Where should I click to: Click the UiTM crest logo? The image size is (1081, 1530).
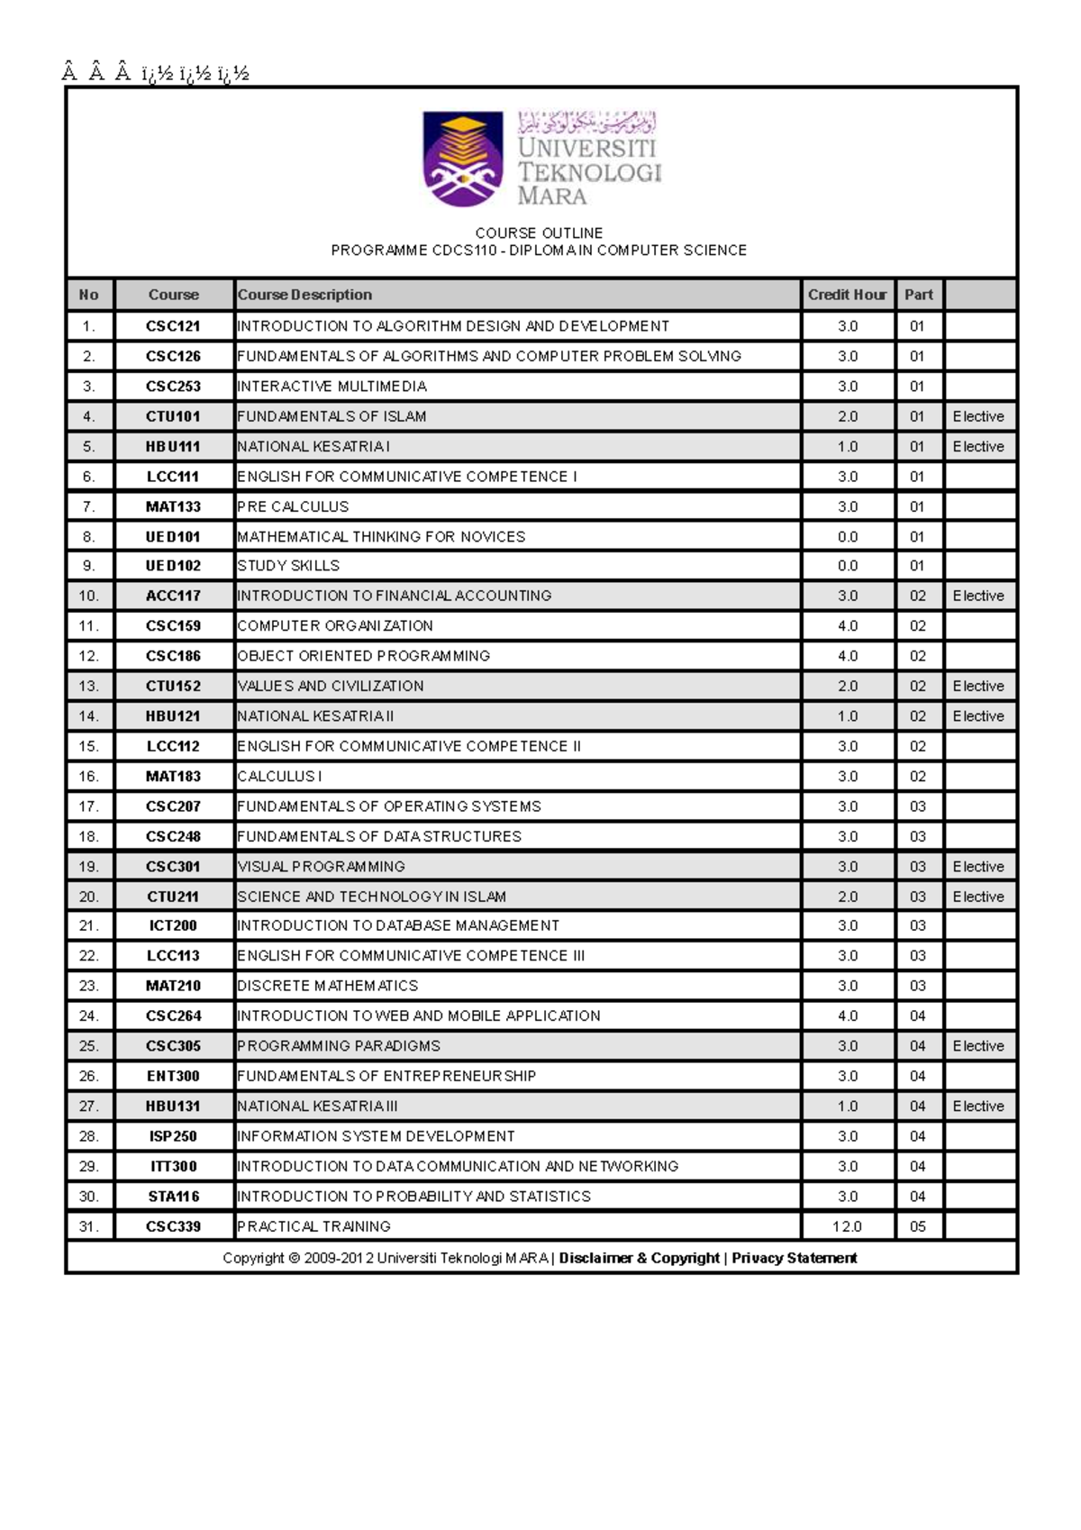point(463,159)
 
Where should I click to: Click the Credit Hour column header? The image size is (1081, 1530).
point(847,295)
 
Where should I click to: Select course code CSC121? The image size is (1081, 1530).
point(173,326)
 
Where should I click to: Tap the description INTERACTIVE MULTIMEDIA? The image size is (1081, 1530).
point(332,387)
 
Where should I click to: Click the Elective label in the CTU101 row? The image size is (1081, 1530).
point(978,416)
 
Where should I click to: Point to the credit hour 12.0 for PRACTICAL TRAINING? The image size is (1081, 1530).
point(847,1226)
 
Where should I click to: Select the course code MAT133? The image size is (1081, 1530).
point(173,506)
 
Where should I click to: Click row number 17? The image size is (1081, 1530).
point(88,806)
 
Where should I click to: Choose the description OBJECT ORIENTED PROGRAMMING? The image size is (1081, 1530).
point(363,656)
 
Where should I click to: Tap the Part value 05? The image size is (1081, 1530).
point(917,1226)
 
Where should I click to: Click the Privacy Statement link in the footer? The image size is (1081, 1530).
point(794,1258)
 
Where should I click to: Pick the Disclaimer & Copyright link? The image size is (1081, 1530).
point(639,1258)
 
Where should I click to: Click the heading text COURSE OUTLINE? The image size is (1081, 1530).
point(539,232)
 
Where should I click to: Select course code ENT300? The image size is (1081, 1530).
point(173,1076)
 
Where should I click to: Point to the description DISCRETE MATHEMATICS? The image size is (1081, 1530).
point(327,986)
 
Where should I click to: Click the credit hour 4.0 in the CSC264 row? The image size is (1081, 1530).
point(847,1015)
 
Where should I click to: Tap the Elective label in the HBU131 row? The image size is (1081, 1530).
point(978,1106)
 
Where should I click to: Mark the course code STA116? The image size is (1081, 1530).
point(173,1197)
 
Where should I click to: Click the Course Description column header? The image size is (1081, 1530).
point(304,295)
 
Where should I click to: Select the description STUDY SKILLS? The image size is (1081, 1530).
point(288,566)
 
